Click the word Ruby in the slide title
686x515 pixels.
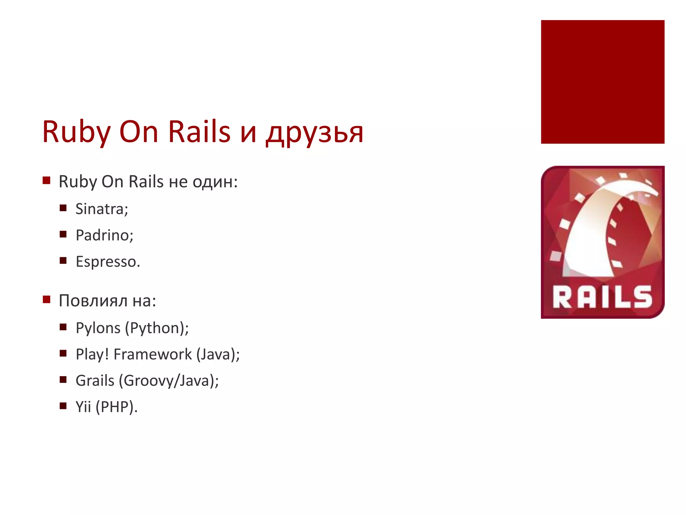pos(76,132)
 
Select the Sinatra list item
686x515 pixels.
pos(101,209)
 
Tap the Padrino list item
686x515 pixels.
pos(104,235)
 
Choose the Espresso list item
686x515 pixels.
pos(108,262)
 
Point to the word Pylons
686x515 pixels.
pos(98,328)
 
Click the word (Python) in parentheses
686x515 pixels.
pos(157,328)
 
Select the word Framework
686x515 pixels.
pos(153,354)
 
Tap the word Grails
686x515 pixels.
pos(95,381)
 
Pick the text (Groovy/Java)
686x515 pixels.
pos(171,381)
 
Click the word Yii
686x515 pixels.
pos(83,407)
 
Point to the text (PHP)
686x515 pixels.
pos(116,407)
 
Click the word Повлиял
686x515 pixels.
pos(93,301)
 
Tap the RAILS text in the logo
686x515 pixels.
pos(602,297)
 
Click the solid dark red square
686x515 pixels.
pos(602,82)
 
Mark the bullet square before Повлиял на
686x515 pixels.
pos(47,299)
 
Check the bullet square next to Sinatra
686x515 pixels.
pos(63,208)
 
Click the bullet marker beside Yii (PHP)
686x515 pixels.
pos(63,406)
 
